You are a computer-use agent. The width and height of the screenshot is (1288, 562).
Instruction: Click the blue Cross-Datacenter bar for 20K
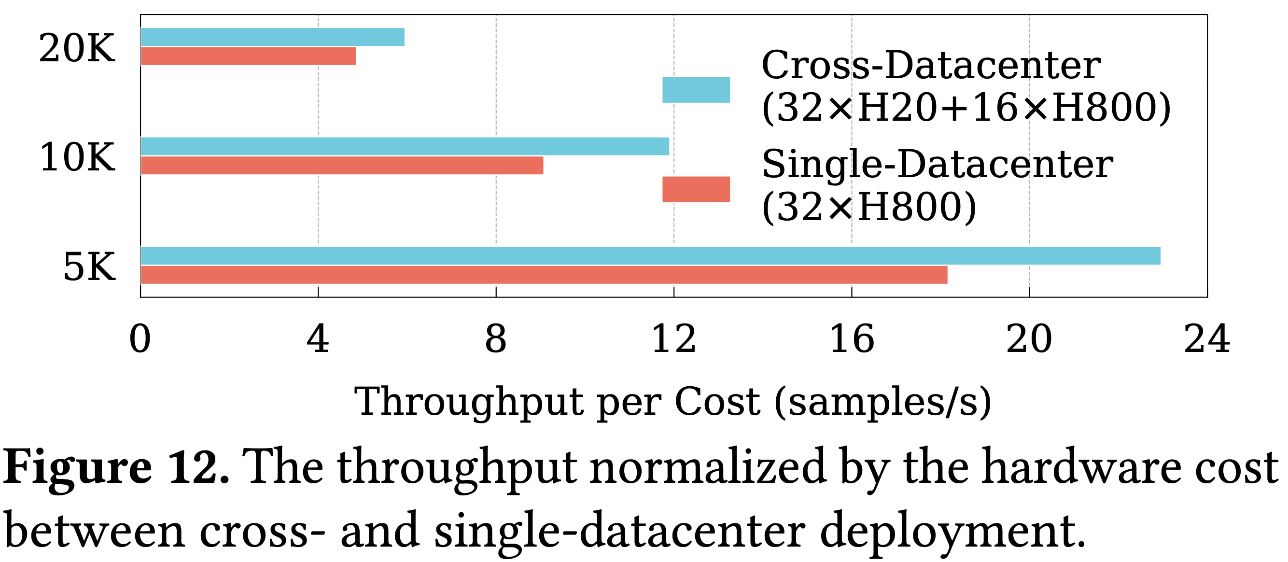point(272,37)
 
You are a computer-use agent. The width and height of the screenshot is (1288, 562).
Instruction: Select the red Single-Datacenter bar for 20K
point(249,56)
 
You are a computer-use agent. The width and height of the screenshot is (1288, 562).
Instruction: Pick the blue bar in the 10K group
point(405,146)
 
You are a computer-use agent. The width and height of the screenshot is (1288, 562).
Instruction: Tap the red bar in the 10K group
point(342,166)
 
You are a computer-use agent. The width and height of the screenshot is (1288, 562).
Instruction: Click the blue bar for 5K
point(650,255)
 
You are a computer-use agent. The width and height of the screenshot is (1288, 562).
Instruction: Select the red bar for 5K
point(544,275)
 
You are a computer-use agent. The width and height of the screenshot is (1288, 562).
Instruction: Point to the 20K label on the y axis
point(77,48)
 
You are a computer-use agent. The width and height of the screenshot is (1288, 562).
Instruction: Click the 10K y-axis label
point(78,157)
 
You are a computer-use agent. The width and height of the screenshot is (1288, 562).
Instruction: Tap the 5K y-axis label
point(89,267)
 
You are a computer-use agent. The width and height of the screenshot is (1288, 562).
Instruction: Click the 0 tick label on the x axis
point(140,339)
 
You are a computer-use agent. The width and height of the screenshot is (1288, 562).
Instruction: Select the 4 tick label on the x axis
point(318,339)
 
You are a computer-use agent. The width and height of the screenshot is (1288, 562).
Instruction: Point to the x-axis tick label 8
point(495,339)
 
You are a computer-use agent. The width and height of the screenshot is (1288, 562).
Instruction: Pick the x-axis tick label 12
point(673,339)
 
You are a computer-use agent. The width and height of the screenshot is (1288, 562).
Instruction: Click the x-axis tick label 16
point(852,339)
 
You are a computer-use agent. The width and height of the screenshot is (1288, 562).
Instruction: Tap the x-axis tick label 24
point(1207,339)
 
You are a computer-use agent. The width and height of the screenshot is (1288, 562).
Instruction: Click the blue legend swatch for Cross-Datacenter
point(696,90)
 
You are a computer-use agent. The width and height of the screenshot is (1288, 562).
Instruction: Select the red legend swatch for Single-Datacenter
point(696,189)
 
